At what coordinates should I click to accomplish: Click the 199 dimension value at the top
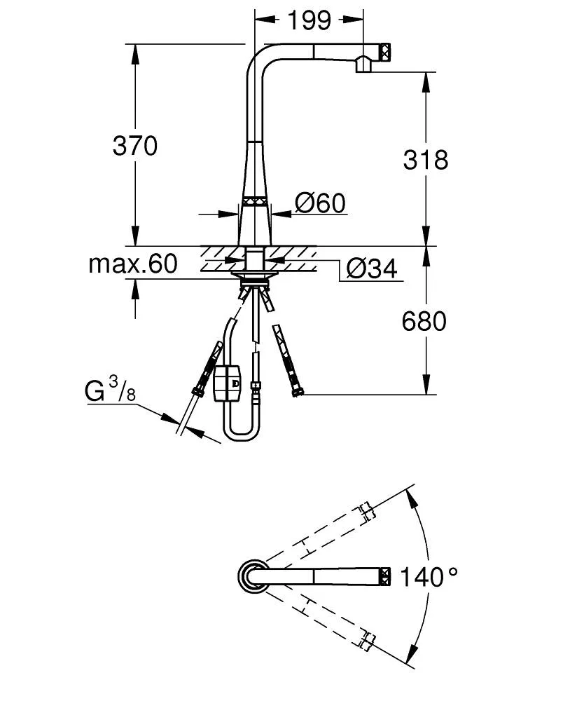309,20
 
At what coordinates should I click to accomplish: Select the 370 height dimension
135,146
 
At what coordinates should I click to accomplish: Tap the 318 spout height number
425,160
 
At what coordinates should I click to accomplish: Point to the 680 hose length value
424,321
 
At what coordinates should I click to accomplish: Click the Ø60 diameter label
320,203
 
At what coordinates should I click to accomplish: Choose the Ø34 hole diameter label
372,268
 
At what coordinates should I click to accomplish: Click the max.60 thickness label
133,264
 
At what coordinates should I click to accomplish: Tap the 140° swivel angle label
429,578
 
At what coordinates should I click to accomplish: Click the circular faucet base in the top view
251,576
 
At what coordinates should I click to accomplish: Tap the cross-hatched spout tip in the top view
384,576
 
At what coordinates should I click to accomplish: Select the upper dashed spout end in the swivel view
365,512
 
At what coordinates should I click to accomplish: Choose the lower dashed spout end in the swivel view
365,639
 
